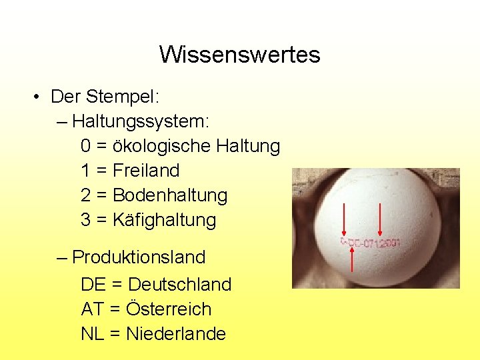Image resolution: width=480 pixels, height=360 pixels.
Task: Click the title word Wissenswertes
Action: click(239, 54)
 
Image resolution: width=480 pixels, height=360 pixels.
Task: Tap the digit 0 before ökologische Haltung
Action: click(86, 146)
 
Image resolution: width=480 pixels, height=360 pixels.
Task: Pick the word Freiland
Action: click(146, 171)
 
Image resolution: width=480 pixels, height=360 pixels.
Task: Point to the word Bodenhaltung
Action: click(170, 195)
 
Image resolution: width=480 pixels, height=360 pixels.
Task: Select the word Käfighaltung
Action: click(165, 220)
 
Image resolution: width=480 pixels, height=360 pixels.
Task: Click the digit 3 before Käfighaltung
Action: click(86, 220)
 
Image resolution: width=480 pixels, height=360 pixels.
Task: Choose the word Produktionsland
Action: click(139, 257)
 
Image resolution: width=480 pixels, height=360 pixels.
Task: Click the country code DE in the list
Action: click(93, 285)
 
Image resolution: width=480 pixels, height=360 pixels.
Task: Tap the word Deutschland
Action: click(179, 285)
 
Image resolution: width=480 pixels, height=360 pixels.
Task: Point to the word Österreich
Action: click(169, 309)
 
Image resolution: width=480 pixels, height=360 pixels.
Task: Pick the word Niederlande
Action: click(175, 334)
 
